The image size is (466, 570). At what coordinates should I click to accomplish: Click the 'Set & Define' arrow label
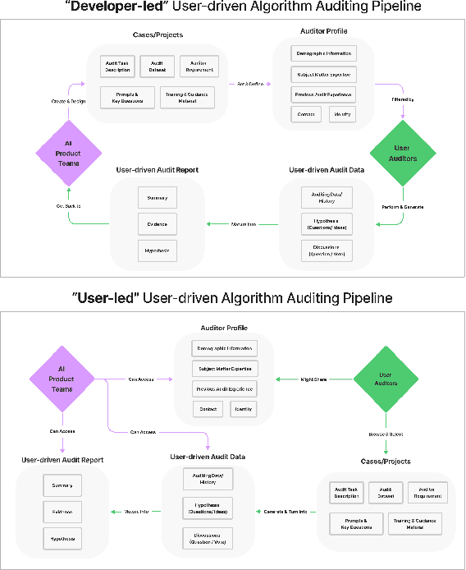pos(251,85)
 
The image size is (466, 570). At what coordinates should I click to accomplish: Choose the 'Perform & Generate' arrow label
pos(403,206)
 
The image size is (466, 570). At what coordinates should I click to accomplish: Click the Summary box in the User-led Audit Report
pos(63,486)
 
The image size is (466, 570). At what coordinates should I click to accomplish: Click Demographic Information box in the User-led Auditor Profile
pos(225,348)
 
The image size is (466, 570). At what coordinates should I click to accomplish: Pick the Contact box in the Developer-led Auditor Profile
pos(304,114)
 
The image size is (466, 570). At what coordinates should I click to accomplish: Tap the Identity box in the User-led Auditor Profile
pos(243,408)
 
